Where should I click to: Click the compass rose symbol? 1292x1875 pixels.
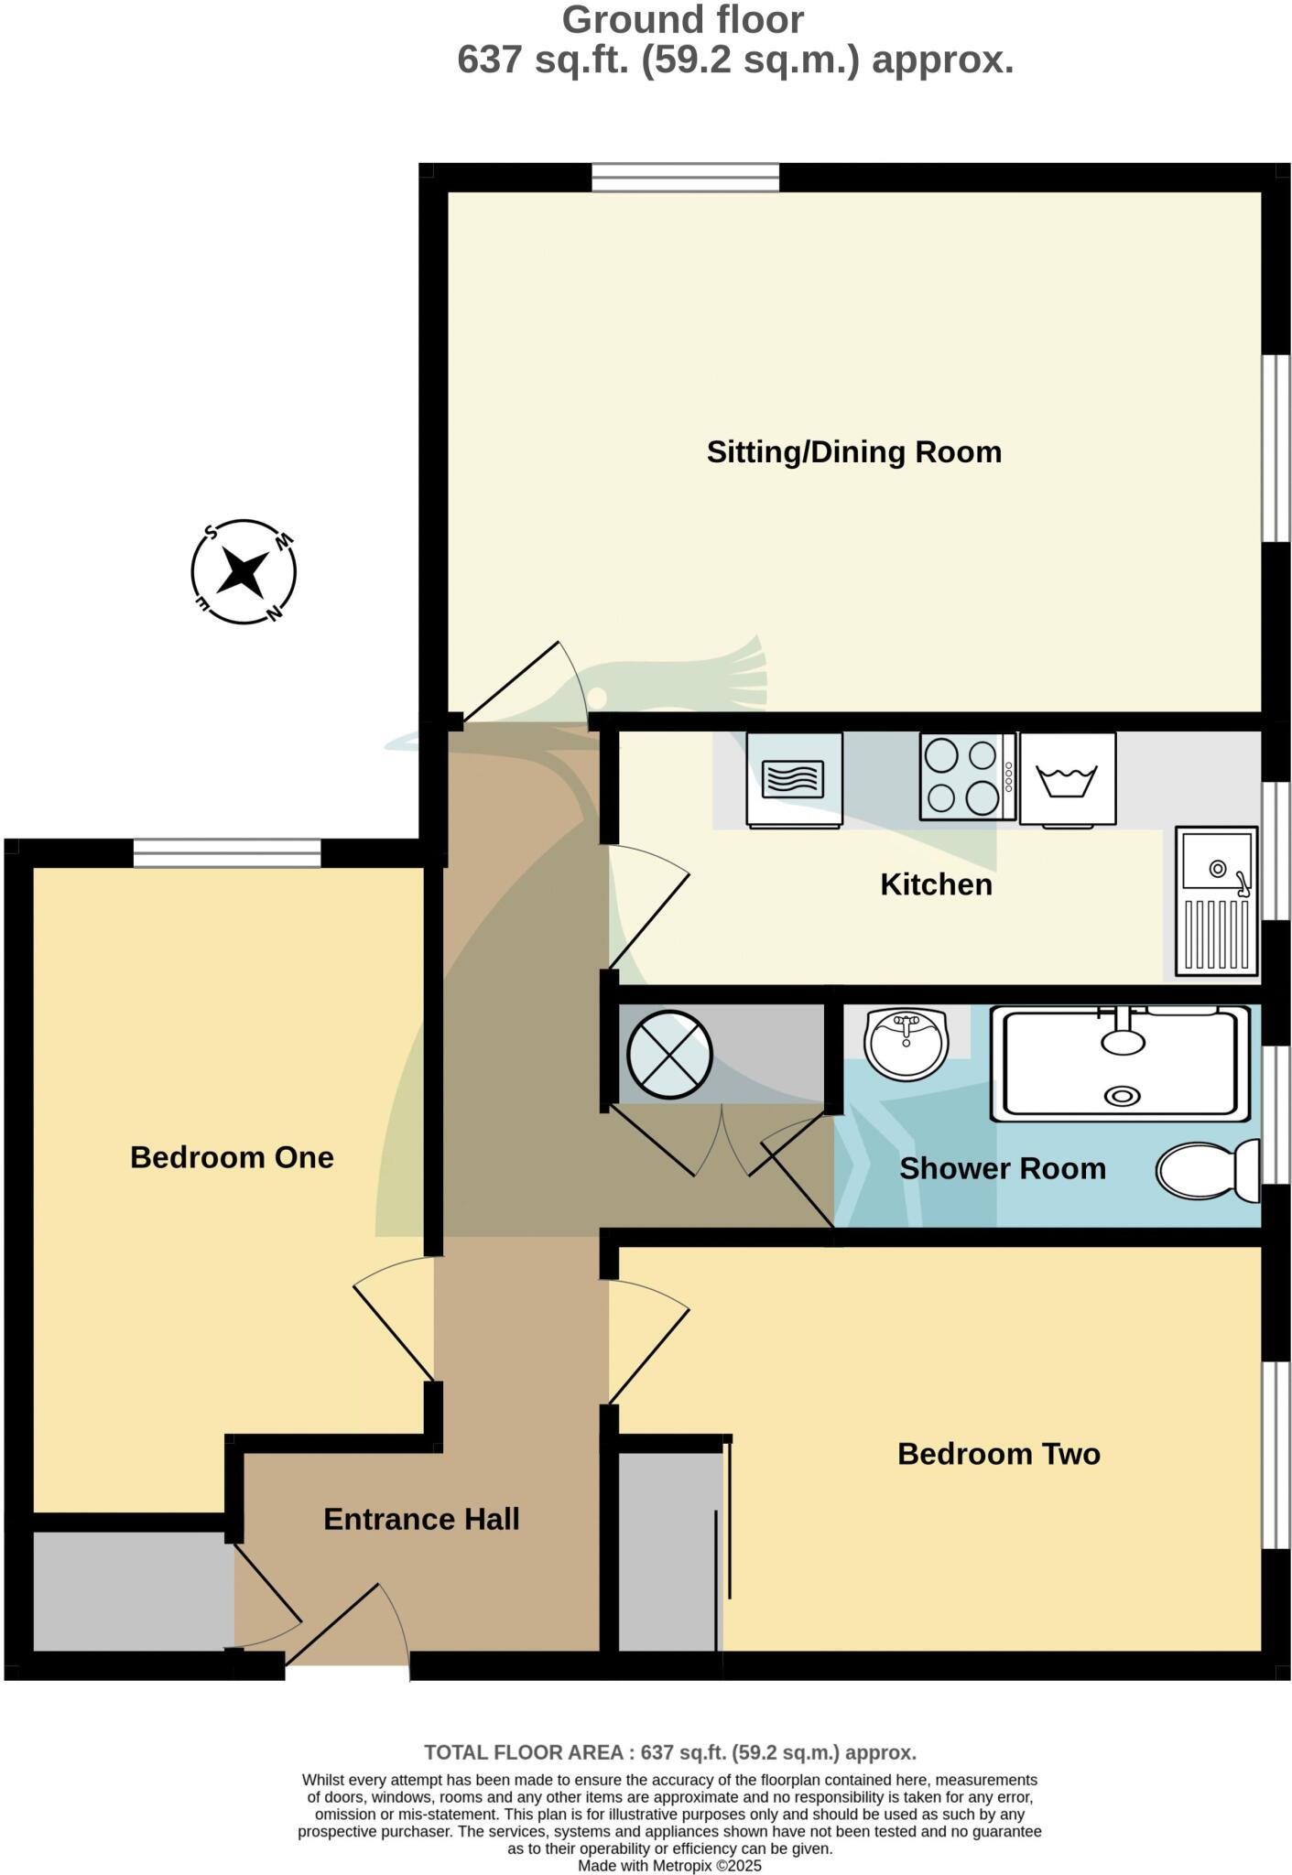click(244, 572)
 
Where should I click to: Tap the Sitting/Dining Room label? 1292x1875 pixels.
click(853, 452)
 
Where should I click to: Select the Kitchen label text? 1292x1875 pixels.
click(936, 884)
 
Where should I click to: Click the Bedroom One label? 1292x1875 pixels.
click(232, 1157)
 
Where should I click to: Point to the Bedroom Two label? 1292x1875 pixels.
click(998, 1454)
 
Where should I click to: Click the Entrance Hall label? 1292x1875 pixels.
click(421, 1519)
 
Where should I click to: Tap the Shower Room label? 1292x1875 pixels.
click(1002, 1169)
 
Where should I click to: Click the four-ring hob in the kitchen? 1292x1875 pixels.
click(967, 777)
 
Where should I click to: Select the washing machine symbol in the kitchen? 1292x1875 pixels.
click(1067, 779)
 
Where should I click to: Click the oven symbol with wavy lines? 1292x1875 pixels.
click(794, 779)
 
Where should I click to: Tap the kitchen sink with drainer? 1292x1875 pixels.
click(1216, 900)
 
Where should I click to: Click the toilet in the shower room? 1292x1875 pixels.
click(1206, 1171)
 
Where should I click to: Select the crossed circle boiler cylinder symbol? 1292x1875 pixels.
click(669, 1055)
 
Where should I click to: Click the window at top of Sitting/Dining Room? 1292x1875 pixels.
click(685, 177)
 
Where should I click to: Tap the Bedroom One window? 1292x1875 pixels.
click(227, 853)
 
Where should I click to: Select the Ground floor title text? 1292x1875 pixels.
click(683, 20)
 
